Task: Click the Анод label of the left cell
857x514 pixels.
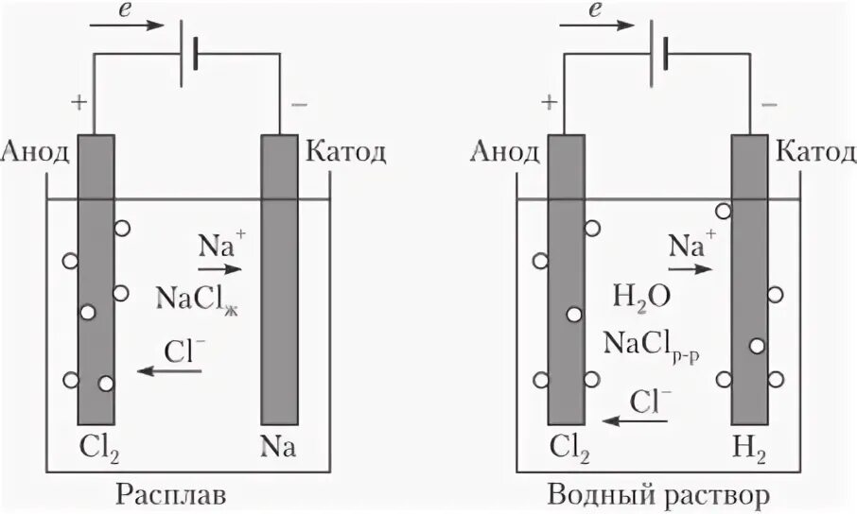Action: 36,152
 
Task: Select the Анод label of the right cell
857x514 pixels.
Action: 505,152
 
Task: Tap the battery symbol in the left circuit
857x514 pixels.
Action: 192,51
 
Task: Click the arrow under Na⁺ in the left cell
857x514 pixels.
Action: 219,268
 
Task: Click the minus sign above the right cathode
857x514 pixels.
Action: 769,102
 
